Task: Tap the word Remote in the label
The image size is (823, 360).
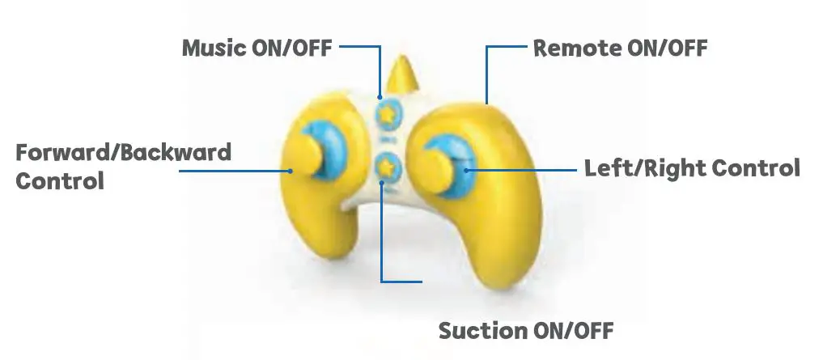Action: (x=577, y=48)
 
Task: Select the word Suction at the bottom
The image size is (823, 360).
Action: (x=480, y=330)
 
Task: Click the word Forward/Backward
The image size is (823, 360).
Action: (x=124, y=153)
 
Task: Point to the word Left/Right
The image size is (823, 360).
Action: (x=642, y=169)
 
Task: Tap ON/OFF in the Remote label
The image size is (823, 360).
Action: (x=668, y=48)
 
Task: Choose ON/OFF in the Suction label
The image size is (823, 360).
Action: (x=573, y=330)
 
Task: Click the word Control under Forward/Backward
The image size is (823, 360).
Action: (x=60, y=180)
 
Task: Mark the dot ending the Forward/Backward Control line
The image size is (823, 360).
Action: (x=289, y=171)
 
